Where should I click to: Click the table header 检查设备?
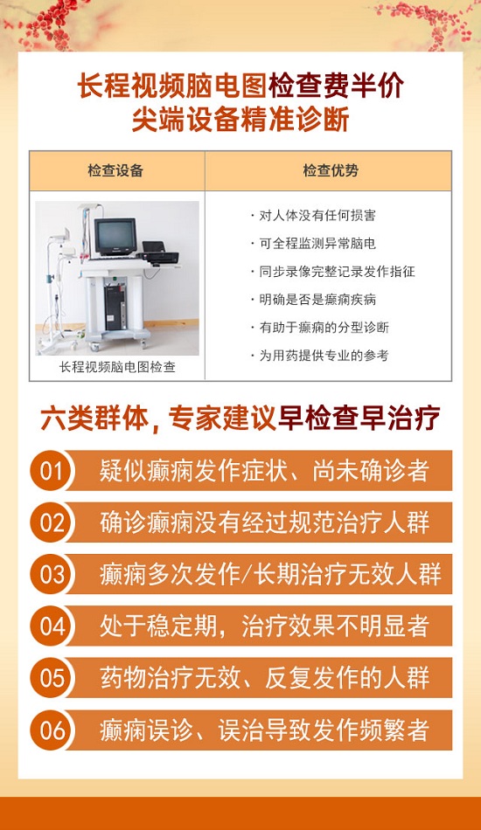pos(115,170)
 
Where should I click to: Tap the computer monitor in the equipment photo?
pos(115,236)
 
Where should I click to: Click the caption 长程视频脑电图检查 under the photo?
pos(117,367)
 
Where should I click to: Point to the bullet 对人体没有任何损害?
pos(313,216)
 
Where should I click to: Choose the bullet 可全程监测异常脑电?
pos(313,244)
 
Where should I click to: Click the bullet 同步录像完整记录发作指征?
pos(332,272)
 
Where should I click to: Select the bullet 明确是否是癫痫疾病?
pos(313,300)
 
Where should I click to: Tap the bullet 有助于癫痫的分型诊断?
pos(319,328)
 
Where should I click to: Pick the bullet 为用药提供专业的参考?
pos(319,356)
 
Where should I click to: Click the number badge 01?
pos(52,471)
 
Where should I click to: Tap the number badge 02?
pos(52,522)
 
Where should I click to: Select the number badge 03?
pos(52,574)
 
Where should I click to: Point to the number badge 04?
pos(52,626)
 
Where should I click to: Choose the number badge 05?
pos(52,678)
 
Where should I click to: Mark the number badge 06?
pos(52,730)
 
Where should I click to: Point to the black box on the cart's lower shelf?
pos(115,308)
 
